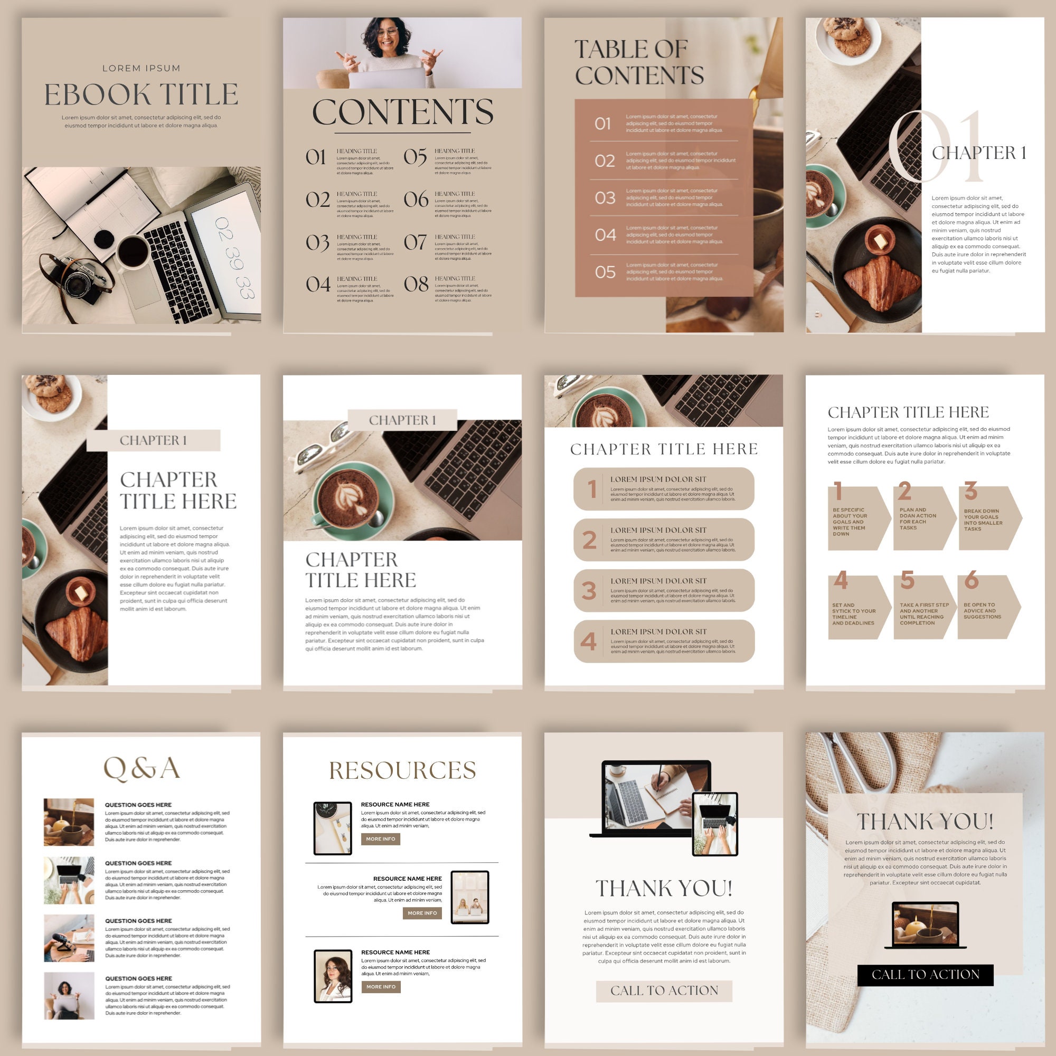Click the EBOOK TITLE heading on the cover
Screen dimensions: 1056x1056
coord(141,95)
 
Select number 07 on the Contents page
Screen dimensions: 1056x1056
coord(416,242)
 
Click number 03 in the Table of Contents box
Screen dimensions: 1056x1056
coord(605,198)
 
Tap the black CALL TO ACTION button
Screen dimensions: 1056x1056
coord(925,975)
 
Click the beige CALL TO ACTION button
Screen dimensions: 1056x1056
coord(664,991)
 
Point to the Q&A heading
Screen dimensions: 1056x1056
coord(142,768)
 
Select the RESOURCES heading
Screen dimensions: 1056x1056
coord(402,770)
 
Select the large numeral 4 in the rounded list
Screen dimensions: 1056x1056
coord(588,641)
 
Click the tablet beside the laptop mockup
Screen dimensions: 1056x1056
coord(715,824)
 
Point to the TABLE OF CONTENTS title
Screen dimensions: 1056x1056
coord(638,63)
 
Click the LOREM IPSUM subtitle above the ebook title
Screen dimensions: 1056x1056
coord(141,68)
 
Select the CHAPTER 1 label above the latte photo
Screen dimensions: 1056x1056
coord(402,420)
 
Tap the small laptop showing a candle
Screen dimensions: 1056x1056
coord(925,926)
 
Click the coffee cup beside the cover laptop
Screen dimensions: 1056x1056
coord(134,252)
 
